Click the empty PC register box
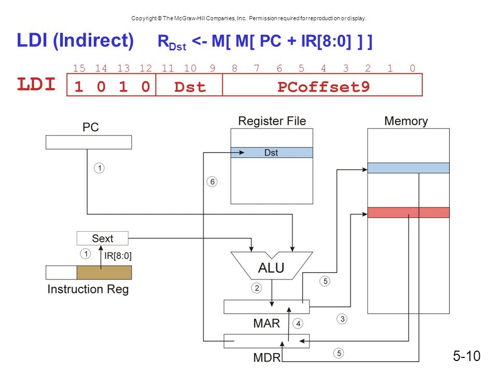[89, 142]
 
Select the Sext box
[103, 238]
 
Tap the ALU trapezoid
[271, 265]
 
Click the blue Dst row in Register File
[272, 153]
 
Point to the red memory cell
[408, 212]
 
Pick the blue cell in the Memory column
[408, 168]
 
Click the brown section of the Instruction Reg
[104, 273]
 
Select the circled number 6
[212, 182]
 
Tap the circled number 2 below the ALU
[257, 288]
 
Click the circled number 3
[342, 318]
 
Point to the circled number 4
[298, 324]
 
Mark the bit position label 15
[79, 68]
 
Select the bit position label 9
[213, 68]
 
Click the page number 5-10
[466, 356]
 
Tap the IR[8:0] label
[118, 256]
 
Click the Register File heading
[272, 121]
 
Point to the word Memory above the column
[406, 121]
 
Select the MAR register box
[267, 307]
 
